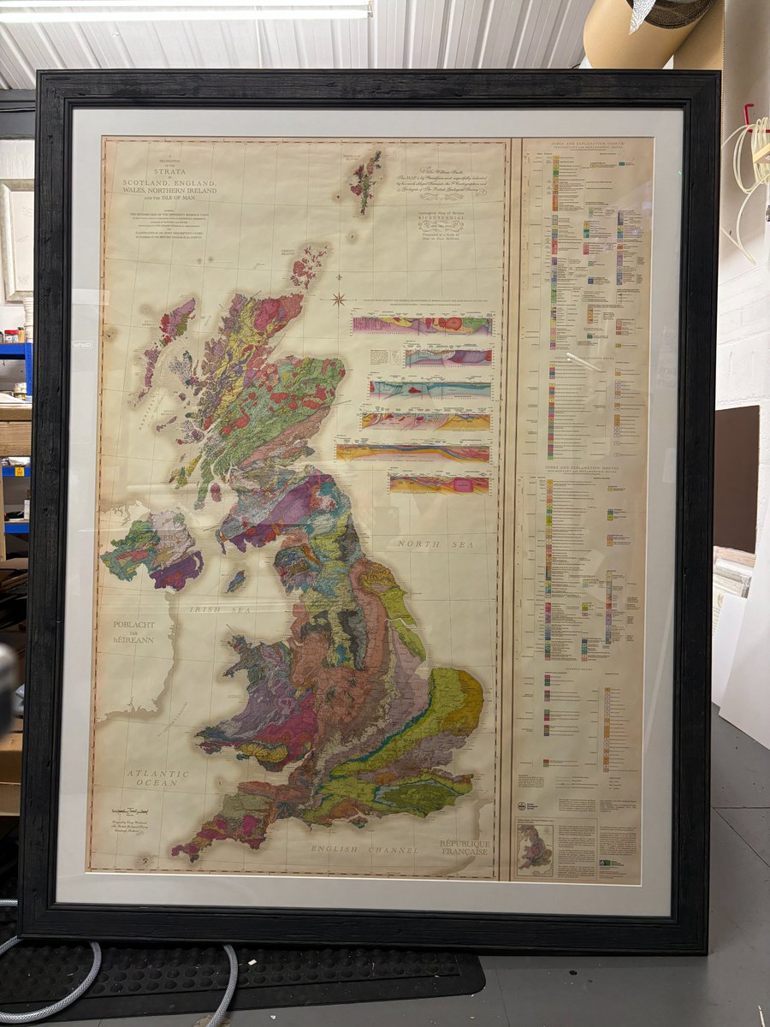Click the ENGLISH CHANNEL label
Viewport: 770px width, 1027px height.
(x=365, y=850)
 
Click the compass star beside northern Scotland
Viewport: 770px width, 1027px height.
(x=340, y=299)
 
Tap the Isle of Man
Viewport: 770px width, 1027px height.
(x=235, y=581)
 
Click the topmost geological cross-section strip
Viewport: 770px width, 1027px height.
(x=422, y=325)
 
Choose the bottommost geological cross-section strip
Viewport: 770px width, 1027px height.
(x=439, y=484)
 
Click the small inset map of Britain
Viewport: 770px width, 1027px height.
(x=536, y=848)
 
